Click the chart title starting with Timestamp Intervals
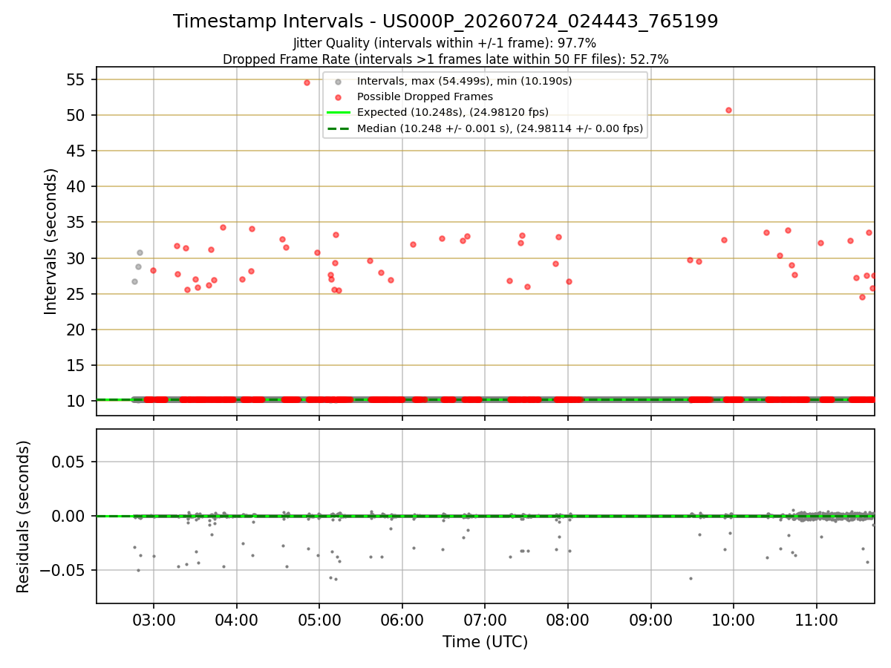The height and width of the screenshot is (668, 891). coord(446,21)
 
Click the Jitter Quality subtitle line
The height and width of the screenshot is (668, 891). coord(445,43)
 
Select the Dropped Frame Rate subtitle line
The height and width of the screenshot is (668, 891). coord(446,59)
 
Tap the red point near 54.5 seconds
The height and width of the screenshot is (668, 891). coord(307,82)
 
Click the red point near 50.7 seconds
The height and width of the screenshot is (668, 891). coord(728,111)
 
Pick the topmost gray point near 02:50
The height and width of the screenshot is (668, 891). coord(140,252)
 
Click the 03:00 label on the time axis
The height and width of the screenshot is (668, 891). coord(154,620)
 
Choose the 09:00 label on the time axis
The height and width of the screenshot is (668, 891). coord(650,620)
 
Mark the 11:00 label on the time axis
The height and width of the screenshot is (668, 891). coord(816,620)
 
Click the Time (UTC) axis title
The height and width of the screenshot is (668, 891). coord(485,642)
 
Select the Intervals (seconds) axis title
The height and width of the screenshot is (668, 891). coord(50,241)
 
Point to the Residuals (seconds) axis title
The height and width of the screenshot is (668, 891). coord(23,517)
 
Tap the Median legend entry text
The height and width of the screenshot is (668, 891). coord(500,128)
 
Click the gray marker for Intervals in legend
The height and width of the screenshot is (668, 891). coord(338,82)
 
